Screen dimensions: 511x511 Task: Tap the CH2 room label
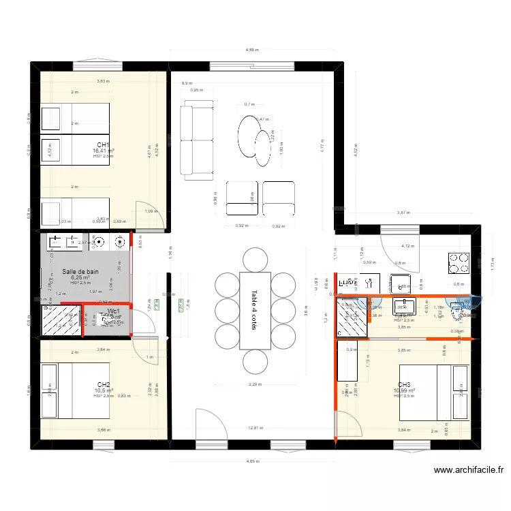coord(104,384)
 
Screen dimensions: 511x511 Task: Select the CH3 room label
coord(404,384)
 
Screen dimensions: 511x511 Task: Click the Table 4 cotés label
coord(255,311)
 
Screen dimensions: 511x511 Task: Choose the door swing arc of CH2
coord(144,352)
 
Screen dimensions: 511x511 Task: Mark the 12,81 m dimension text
coord(255,428)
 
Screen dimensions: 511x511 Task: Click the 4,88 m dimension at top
coord(252,50)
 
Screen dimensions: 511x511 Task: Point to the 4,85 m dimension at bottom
coord(252,462)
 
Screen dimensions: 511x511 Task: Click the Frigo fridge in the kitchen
coord(348,281)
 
